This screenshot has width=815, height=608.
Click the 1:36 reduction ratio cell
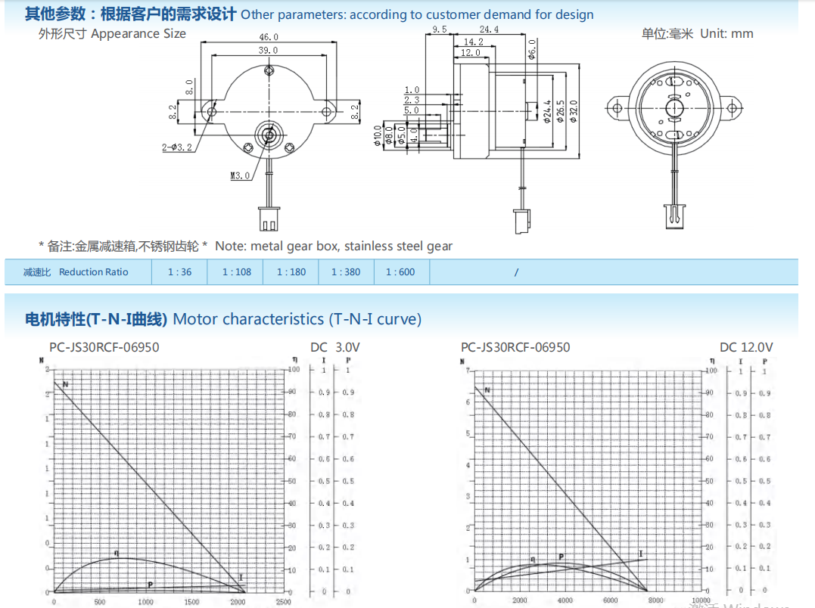pyautogui.click(x=179, y=272)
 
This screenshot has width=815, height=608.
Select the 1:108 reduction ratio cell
pyautogui.click(x=236, y=272)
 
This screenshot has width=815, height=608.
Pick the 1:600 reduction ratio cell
pyautogui.click(x=400, y=272)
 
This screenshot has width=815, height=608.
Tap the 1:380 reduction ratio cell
pyautogui.click(x=346, y=272)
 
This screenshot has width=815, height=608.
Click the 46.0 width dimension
pyautogui.click(x=269, y=37)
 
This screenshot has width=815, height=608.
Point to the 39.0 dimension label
pyautogui.click(x=269, y=51)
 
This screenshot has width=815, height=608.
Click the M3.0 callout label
pyautogui.click(x=240, y=175)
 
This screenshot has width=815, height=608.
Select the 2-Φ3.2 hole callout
pyautogui.click(x=176, y=146)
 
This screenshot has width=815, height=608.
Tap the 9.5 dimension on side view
pyautogui.click(x=440, y=30)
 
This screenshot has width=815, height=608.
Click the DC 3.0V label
pyautogui.click(x=335, y=347)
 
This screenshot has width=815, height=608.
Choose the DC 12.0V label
pyautogui.click(x=746, y=347)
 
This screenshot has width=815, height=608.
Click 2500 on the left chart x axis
pyautogui.click(x=283, y=602)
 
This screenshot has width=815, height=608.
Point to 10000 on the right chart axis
pyautogui.click(x=700, y=600)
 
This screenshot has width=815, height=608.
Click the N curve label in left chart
pyautogui.click(x=66, y=384)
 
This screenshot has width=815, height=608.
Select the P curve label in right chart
pyautogui.click(x=561, y=557)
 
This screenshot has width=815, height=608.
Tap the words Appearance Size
pyautogui.click(x=138, y=33)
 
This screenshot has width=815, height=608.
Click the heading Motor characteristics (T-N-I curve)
pyautogui.click(x=297, y=319)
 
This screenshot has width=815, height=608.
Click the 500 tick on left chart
pyautogui.click(x=100, y=602)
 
